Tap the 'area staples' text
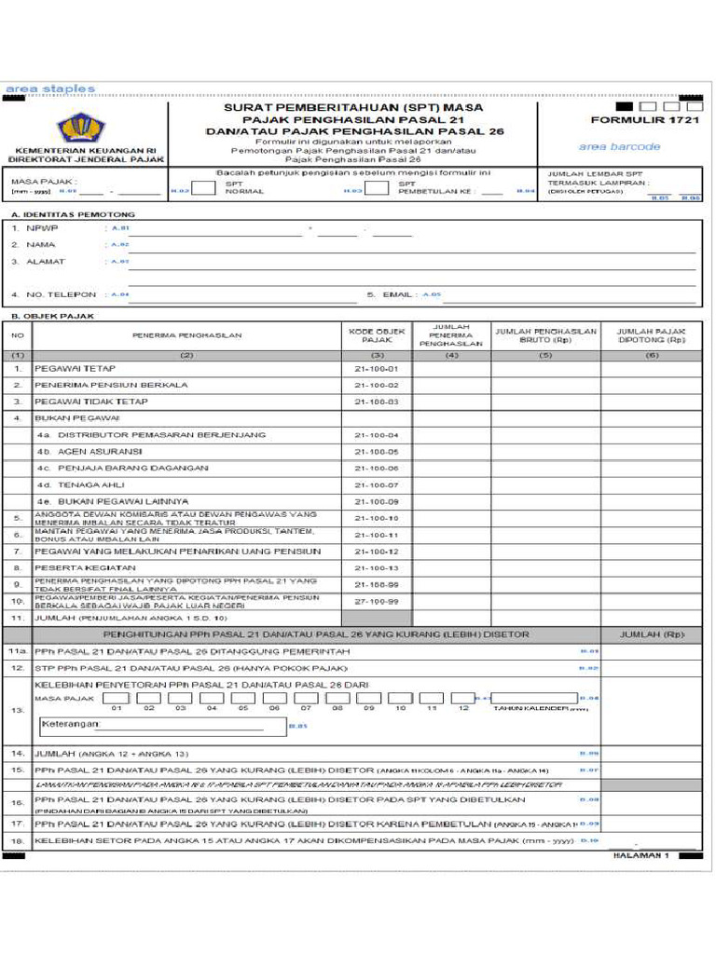[x=50, y=89]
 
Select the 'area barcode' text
[x=619, y=146]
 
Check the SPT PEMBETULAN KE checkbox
[x=376, y=188]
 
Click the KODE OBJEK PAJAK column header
[x=377, y=335]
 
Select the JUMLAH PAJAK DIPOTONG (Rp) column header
[x=651, y=335]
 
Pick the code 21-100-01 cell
[x=377, y=369]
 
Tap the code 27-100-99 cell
[x=377, y=602]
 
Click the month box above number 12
[x=463, y=698]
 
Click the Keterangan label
[x=70, y=723]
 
